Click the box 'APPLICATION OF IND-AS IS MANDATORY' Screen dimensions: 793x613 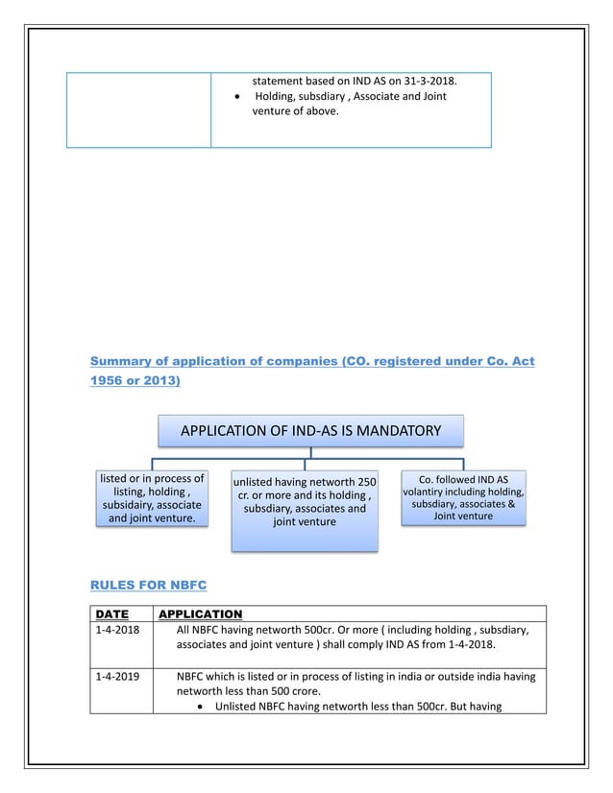(310, 430)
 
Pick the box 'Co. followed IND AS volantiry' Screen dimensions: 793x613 (464, 496)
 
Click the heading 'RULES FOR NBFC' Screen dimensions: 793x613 (148, 584)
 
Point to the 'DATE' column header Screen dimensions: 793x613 (112, 613)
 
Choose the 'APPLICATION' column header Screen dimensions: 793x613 (200, 613)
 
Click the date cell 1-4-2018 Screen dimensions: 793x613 (117, 630)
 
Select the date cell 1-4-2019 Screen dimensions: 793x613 (117, 676)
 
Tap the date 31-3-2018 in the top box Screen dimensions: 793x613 (428, 81)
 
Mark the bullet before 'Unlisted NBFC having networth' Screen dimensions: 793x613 (198, 707)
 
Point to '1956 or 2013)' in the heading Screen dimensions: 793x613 (135, 381)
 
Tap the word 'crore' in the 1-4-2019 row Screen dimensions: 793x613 (304, 690)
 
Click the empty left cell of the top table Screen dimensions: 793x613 (138, 109)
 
